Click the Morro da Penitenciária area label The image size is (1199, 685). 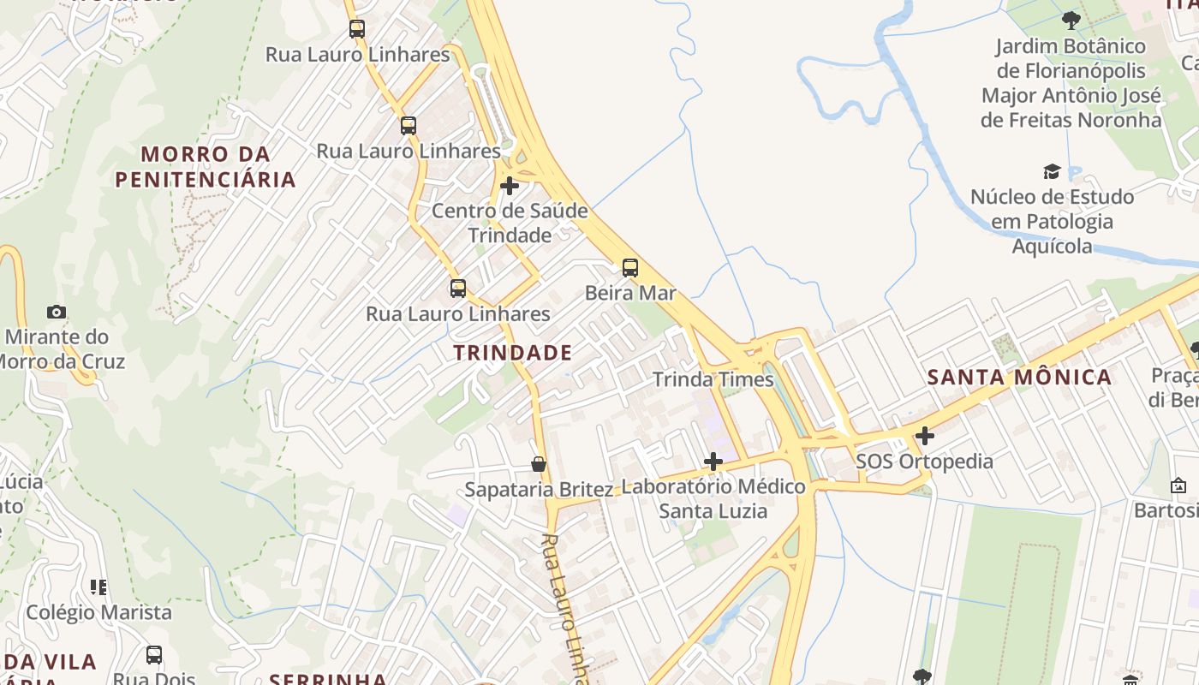[x=206, y=166]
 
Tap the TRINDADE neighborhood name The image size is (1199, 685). [x=512, y=352]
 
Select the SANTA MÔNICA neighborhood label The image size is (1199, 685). [x=1019, y=377]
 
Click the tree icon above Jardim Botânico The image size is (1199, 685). [x=1071, y=20]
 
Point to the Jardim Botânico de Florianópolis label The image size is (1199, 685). [x=1071, y=82]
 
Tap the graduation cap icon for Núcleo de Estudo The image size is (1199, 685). [x=1052, y=172]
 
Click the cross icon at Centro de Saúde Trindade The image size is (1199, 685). [x=510, y=186]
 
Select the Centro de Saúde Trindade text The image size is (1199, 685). [x=510, y=223]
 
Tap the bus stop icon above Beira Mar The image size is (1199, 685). [x=630, y=267]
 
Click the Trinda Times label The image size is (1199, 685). [x=713, y=379]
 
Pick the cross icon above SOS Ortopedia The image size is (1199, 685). [x=924, y=437]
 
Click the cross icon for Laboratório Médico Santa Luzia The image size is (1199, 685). [x=713, y=462]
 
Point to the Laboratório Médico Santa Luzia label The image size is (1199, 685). [x=713, y=498]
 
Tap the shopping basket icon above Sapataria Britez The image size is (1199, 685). [x=539, y=464]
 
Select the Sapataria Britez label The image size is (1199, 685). [x=539, y=490]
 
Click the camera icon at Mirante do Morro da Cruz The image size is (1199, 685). [x=57, y=312]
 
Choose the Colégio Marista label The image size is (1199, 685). [x=98, y=612]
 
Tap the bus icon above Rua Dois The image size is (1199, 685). [x=154, y=655]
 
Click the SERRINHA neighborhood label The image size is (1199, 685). [x=328, y=679]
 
